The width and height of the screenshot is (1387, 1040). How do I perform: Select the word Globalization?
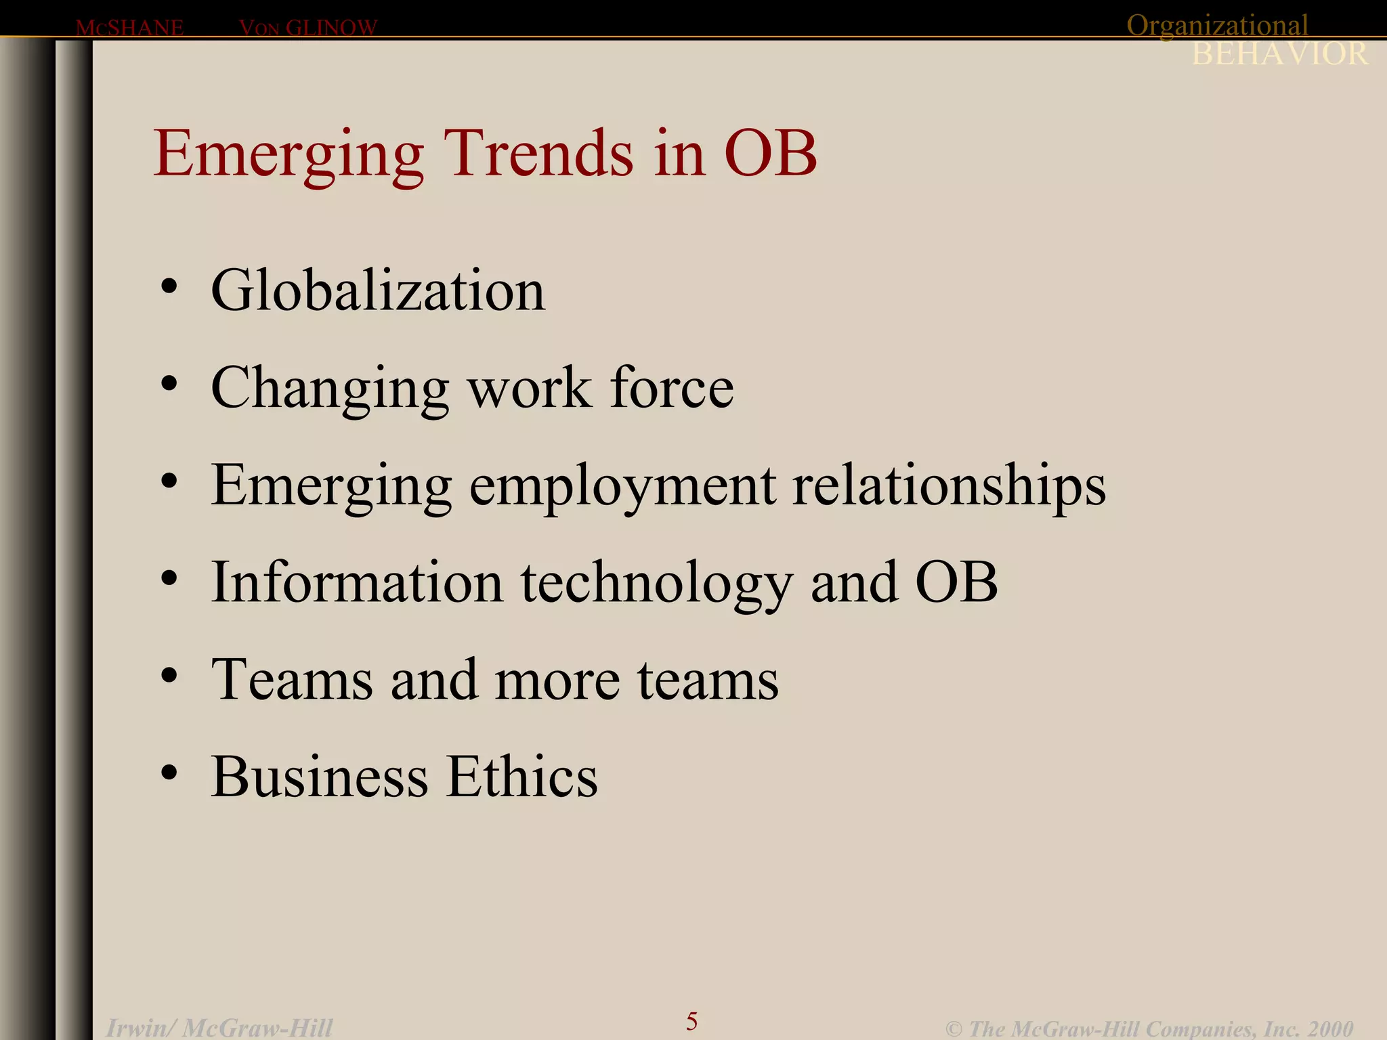coord(378,290)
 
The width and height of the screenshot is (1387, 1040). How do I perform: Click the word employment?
coord(622,486)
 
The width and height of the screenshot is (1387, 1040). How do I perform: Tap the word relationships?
coord(949,486)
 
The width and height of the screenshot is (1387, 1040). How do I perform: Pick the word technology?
coord(656,584)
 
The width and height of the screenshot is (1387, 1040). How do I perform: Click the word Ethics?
coord(521,777)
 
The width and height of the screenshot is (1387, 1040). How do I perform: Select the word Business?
coord(320,777)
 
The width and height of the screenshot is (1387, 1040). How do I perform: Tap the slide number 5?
coord(691,1020)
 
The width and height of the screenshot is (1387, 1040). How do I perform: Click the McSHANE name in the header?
coord(129,28)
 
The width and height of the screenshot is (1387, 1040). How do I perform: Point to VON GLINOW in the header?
coord(308,28)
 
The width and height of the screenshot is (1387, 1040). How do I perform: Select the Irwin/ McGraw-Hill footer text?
coord(219,1028)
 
